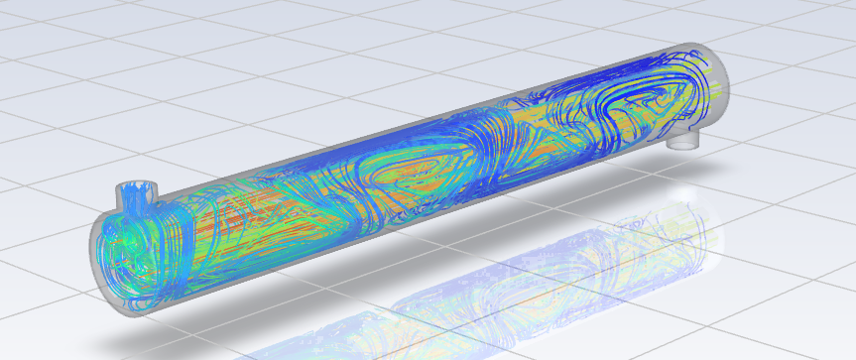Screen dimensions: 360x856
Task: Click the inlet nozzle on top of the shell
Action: click(x=131, y=196)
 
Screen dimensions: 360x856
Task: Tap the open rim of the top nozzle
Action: click(x=131, y=185)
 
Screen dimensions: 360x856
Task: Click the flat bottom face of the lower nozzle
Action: click(x=683, y=145)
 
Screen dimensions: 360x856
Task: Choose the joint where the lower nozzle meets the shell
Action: click(x=683, y=129)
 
